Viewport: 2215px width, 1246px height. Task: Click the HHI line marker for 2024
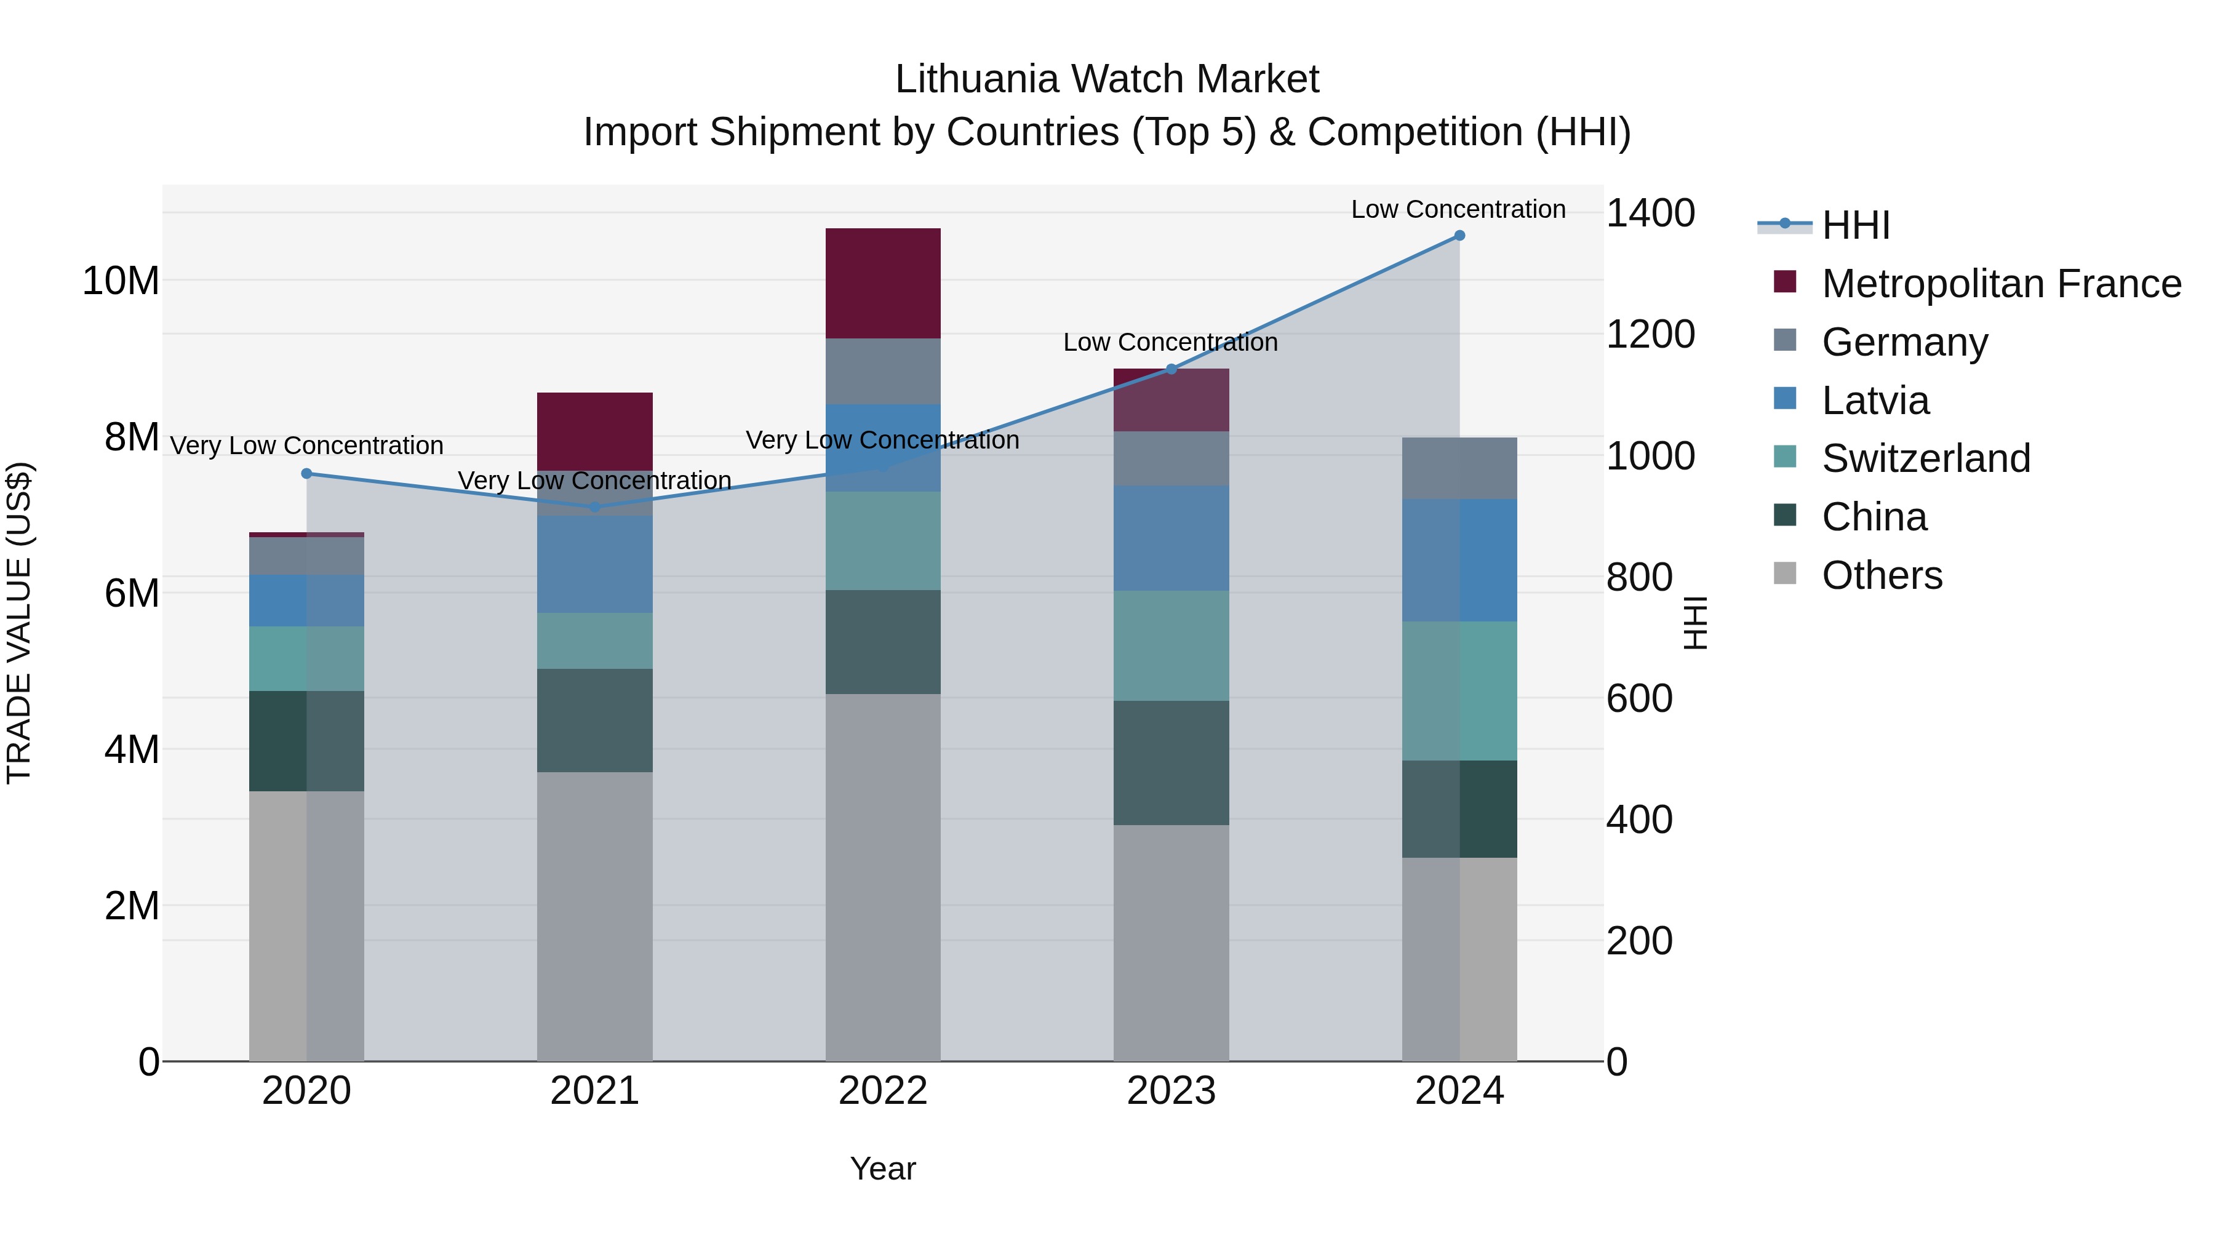(x=1459, y=236)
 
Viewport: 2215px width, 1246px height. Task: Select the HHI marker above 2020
(x=307, y=474)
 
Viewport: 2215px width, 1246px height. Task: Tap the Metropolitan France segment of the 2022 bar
(x=883, y=284)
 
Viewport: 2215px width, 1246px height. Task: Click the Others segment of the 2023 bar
(x=1171, y=943)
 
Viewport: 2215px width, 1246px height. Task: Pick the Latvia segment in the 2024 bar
(x=1459, y=560)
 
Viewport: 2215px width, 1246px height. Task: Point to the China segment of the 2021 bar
(x=595, y=721)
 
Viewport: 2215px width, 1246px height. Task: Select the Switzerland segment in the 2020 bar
(x=307, y=658)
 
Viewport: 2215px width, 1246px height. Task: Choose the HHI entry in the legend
(x=1856, y=225)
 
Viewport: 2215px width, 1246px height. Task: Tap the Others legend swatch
(x=1785, y=573)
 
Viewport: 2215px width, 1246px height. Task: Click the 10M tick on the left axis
(x=121, y=281)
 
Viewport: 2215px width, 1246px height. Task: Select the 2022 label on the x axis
(x=883, y=1091)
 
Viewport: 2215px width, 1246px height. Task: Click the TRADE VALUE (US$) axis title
(x=19, y=623)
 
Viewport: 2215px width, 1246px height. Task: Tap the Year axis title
(x=883, y=1168)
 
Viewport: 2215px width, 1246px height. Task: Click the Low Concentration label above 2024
(x=1458, y=209)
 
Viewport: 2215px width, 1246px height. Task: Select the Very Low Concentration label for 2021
(x=595, y=481)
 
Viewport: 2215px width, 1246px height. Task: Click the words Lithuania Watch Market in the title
(x=1107, y=79)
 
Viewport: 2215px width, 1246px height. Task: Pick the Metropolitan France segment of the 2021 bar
(x=595, y=431)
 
